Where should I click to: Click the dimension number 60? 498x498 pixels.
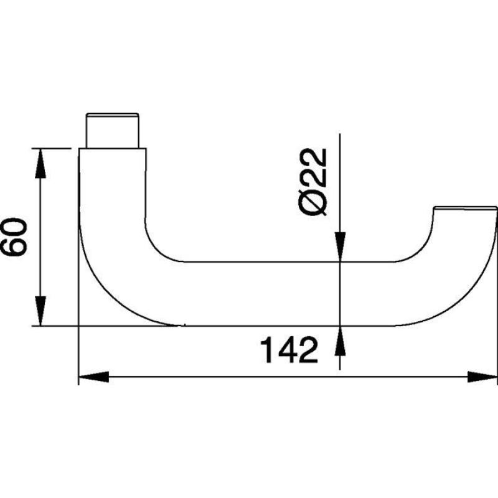pos(14,237)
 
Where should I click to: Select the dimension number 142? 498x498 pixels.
pos(289,350)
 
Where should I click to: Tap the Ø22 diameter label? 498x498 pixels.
pos(312,182)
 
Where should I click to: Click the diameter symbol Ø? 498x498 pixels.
pos(312,205)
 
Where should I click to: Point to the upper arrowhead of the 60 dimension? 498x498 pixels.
pos(40,163)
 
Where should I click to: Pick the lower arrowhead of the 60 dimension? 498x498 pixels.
pos(40,311)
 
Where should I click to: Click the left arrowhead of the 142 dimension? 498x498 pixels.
pos(94,377)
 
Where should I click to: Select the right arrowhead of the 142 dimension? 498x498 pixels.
pos(482,377)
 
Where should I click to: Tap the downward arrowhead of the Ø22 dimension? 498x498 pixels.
pos(340,247)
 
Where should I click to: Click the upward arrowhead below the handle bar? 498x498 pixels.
pos(340,341)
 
